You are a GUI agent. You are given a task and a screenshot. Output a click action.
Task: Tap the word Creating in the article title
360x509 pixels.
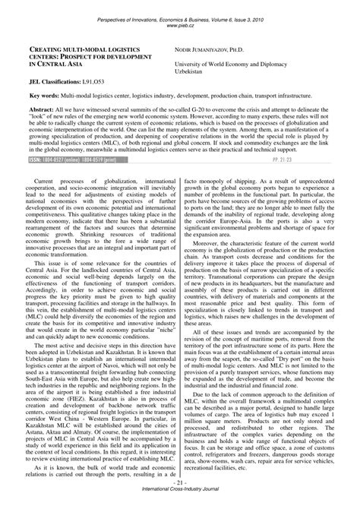pyautogui.click(x=49, y=48)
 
